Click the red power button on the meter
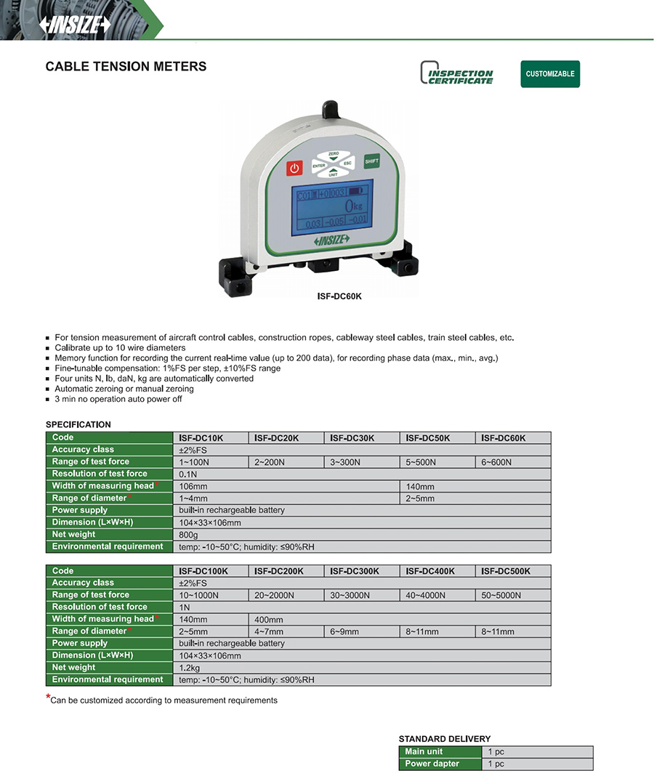294,169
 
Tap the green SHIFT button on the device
371,161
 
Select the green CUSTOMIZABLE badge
550,74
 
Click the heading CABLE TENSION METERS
126,67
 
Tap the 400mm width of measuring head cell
268,620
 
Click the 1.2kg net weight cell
191,667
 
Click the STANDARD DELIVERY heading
444,739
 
